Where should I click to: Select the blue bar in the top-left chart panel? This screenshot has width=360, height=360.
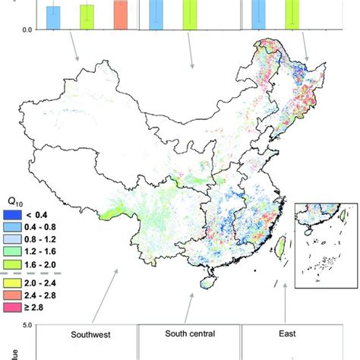(53, 17)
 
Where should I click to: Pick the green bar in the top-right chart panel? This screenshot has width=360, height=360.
(292, 14)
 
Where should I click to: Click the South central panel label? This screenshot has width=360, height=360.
(189, 333)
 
